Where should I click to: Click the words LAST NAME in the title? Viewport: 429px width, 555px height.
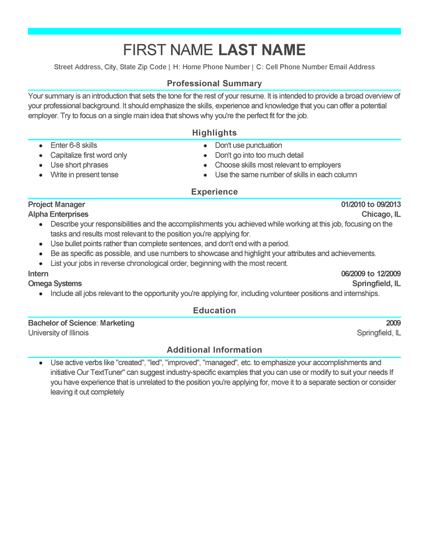pyautogui.click(x=262, y=50)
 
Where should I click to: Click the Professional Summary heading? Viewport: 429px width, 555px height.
pyautogui.click(x=214, y=84)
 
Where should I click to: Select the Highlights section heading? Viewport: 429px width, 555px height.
pyautogui.click(x=214, y=133)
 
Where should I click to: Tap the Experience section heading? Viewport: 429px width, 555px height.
pyautogui.click(x=214, y=192)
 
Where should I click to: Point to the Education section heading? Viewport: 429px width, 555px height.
pyautogui.click(x=214, y=311)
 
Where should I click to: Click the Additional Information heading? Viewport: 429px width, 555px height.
pyautogui.click(x=214, y=350)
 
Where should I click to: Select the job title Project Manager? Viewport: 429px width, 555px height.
pyautogui.click(x=57, y=205)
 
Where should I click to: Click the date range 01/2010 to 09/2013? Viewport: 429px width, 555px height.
pyautogui.click(x=370, y=205)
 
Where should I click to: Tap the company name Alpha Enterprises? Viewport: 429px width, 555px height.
pyautogui.click(x=59, y=214)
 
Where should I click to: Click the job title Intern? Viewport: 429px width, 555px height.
pyautogui.click(x=39, y=274)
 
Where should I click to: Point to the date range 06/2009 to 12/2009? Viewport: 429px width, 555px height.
pyautogui.click(x=370, y=274)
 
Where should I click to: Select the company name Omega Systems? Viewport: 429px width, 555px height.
pyautogui.click(x=55, y=283)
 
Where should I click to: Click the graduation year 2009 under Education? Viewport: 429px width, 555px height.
pyautogui.click(x=393, y=323)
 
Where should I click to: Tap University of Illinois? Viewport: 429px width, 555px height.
pyautogui.click(x=59, y=333)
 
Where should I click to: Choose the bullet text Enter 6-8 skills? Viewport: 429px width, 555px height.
pyautogui.click(x=74, y=145)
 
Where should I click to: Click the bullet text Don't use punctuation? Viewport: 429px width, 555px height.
pyautogui.click(x=248, y=145)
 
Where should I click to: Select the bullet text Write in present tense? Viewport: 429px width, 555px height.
pyautogui.click(x=84, y=175)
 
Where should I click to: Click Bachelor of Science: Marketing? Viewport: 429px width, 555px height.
pyautogui.click(x=81, y=323)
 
